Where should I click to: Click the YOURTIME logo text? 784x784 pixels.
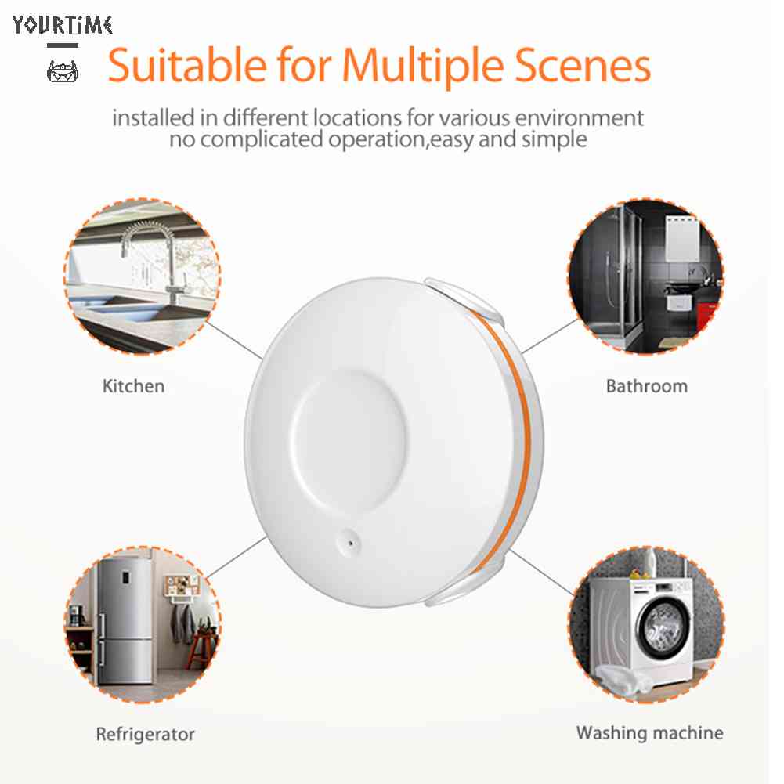point(63,25)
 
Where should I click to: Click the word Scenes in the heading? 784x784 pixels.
point(592,67)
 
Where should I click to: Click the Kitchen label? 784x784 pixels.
point(134,386)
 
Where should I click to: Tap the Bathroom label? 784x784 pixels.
point(646,386)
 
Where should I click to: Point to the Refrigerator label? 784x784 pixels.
point(145,735)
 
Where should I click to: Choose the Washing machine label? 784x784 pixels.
point(649,733)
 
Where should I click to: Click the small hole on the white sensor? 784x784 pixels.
point(348,540)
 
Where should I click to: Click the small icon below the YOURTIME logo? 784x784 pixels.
point(63,72)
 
